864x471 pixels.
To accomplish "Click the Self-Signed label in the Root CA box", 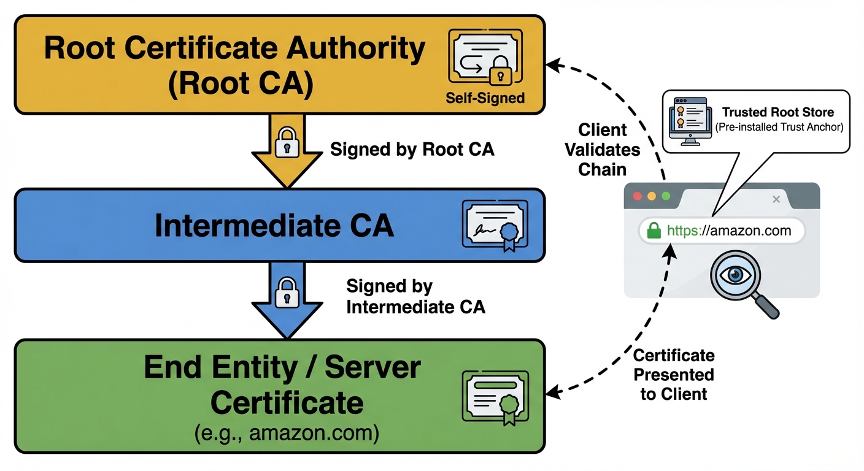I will (x=485, y=98).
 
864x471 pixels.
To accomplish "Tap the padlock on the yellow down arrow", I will (x=287, y=142).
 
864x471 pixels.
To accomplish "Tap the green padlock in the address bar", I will (x=654, y=231).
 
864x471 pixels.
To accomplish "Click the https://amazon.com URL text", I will (x=728, y=231).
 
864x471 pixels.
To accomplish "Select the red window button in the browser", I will (x=637, y=197).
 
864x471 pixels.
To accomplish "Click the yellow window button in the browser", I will (x=651, y=197).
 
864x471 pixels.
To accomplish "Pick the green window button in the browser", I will (x=665, y=197).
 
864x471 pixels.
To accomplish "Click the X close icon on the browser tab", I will (x=776, y=199).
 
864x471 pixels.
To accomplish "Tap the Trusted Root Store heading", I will (x=777, y=112).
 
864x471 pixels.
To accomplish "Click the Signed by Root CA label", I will (x=412, y=150).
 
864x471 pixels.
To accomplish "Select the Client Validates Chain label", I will (x=602, y=149).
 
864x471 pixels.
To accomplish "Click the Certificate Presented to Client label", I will (x=674, y=375).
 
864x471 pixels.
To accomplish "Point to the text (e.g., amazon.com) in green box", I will (x=287, y=434).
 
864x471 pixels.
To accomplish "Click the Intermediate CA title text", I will (x=274, y=226).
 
